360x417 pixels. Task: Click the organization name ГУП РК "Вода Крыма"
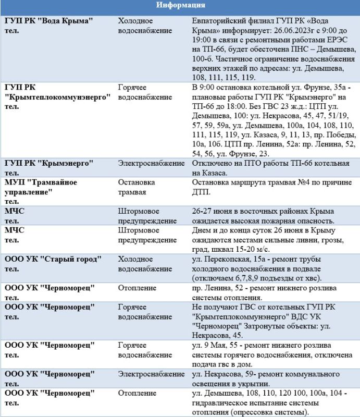49,20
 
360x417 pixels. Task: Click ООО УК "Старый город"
53,259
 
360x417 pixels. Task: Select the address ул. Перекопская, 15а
227,259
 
